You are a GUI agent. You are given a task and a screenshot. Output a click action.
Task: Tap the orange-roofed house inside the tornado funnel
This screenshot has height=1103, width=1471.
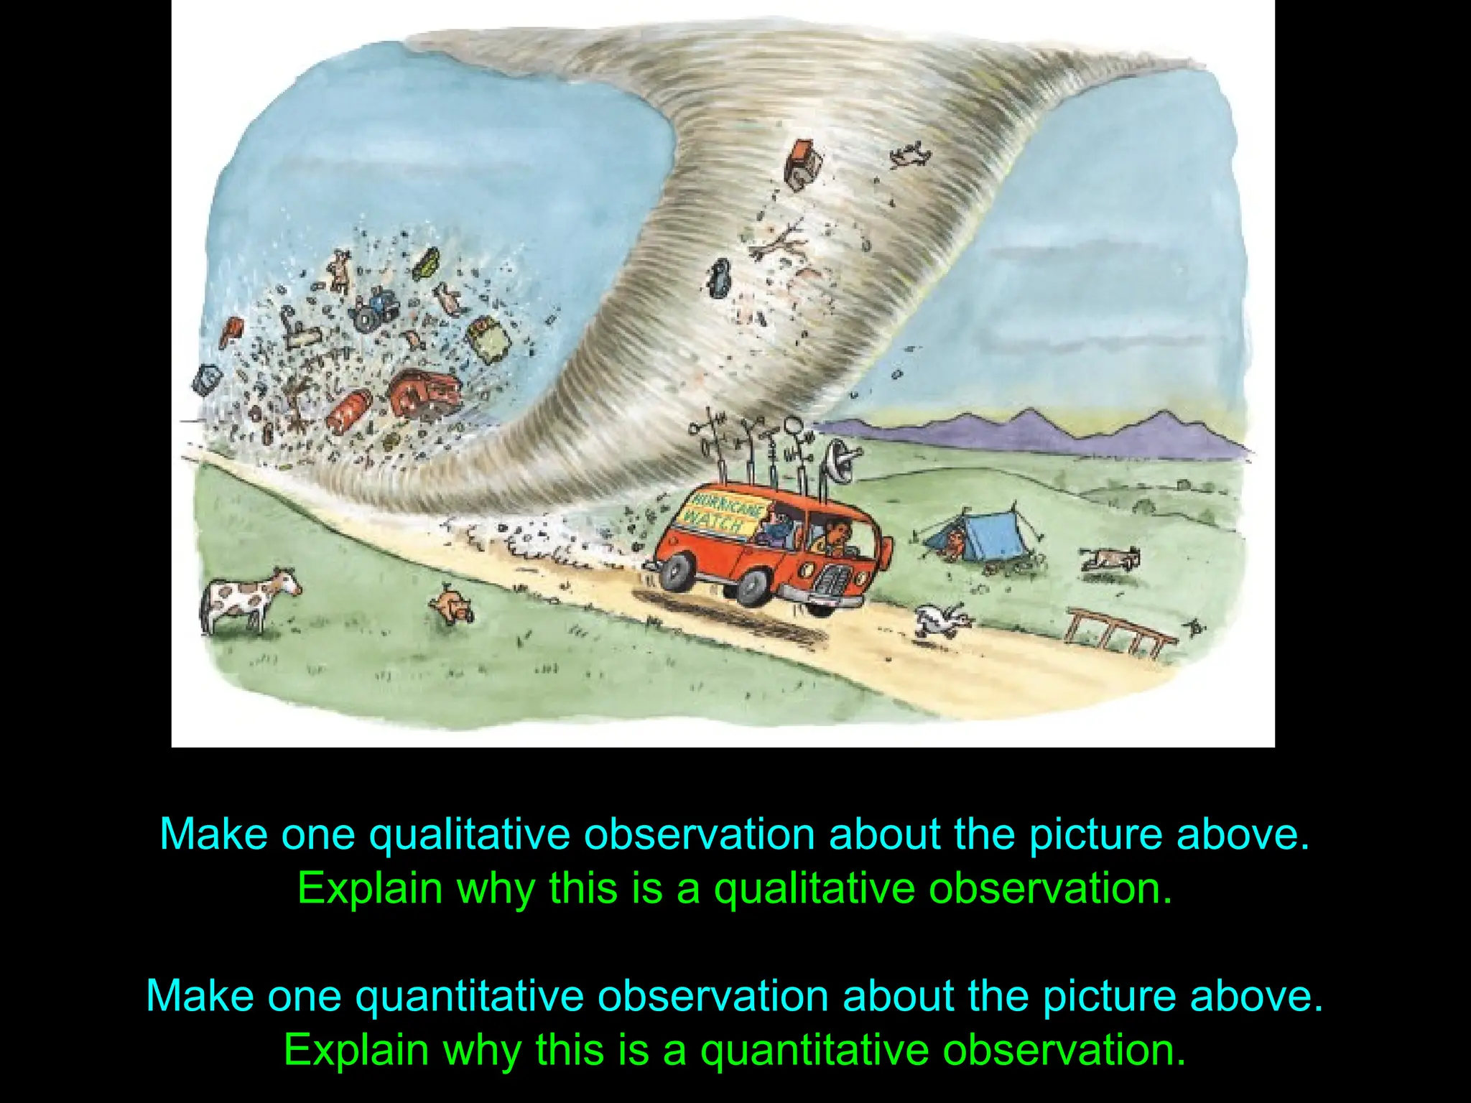pyautogui.click(x=803, y=164)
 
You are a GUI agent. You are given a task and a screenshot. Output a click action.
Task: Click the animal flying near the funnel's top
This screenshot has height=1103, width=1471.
pyautogui.click(x=909, y=154)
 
